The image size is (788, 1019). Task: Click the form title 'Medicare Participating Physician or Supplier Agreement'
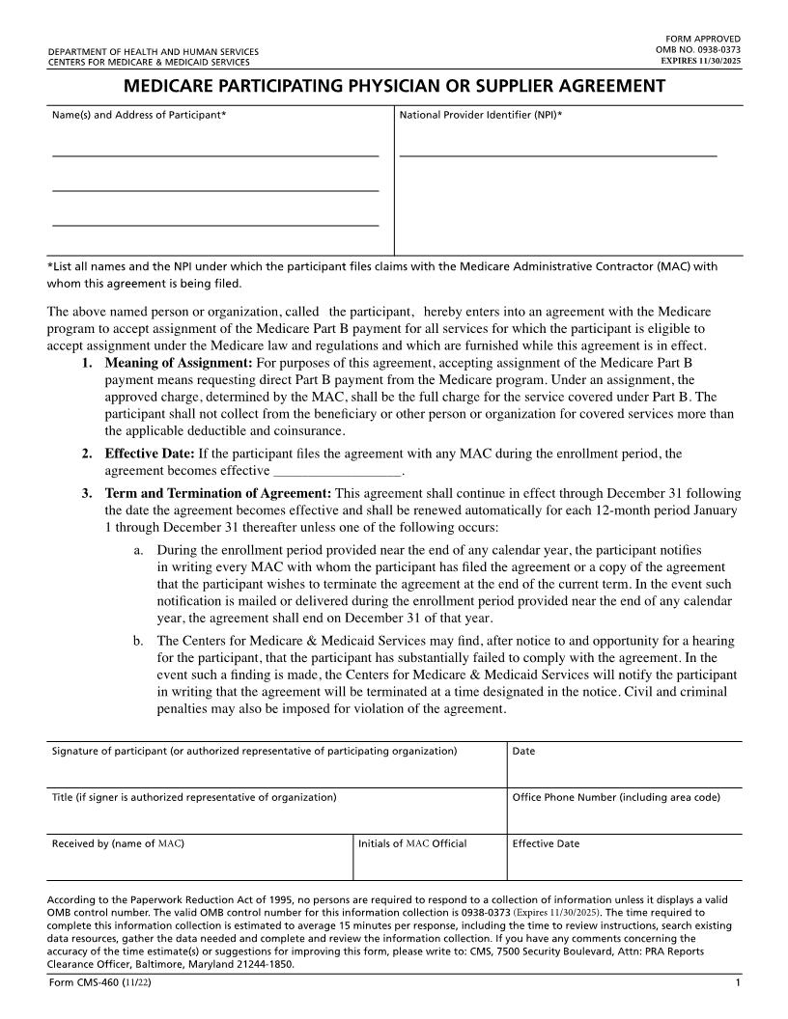point(394,86)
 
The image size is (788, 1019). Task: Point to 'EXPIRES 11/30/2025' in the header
point(701,60)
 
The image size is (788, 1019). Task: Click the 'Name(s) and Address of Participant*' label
point(139,116)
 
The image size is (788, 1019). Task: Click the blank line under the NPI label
point(558,154)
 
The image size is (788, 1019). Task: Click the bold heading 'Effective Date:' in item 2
point(149,454)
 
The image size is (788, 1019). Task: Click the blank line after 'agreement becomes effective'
point(337,473)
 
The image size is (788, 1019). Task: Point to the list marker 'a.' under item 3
point(139,549)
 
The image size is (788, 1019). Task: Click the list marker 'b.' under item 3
point(139,640)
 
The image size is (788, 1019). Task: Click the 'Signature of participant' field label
point(254,751)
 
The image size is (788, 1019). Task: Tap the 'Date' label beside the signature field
point(523,751)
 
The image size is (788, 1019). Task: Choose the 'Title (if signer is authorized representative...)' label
point(194,797)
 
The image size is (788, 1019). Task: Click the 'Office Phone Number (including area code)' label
point(616,797)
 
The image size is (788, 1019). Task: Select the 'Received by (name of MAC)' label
point(118,843)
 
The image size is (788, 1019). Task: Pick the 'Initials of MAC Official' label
point(412,843)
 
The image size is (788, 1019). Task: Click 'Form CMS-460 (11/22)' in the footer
point(98,982)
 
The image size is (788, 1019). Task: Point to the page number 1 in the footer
point(737,982)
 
